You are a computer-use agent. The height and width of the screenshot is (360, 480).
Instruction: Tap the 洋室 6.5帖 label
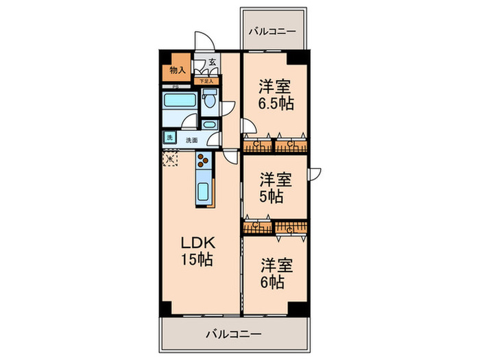[x=275, y=96]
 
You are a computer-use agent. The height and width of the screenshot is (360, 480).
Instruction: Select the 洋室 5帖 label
[x=275, y=188]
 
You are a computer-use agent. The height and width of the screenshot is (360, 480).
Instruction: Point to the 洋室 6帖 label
[x=275, y=273]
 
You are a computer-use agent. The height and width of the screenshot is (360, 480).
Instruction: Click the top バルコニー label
[x=272, y=32]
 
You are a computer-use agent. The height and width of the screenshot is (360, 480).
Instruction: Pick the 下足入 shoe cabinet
[x=206, y=81]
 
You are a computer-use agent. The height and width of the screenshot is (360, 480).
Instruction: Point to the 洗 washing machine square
[x=169, y=138]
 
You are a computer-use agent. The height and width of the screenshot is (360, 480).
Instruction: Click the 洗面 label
[x=192, y=140]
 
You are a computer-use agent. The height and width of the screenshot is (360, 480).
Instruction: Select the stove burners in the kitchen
[x=204, y=160]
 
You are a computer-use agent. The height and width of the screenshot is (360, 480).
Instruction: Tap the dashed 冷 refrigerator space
[x=170, y=159]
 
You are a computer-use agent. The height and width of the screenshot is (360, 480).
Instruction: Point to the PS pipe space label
[x=176, y=86]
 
